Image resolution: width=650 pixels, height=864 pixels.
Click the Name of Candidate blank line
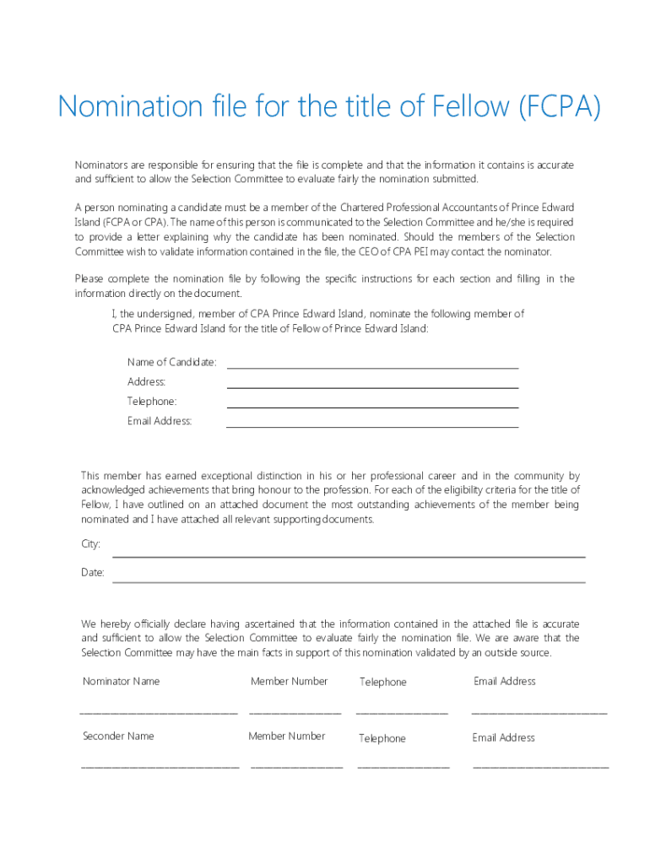point(372,367)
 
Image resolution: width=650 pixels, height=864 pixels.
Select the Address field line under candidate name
point(372,386)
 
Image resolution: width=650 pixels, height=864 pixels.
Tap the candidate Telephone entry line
point(372,406)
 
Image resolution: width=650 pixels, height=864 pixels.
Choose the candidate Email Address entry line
point(372,425)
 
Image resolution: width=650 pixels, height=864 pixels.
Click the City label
point(90,544)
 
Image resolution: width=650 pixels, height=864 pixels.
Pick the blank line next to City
point(349,555)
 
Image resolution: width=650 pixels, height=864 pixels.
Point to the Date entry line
point(349,580)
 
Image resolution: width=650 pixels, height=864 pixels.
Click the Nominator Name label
point(121,681)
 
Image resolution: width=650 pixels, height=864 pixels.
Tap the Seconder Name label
point(118,736)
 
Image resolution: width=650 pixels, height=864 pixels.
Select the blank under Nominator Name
point(159,713)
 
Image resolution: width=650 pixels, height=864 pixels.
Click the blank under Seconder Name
point(160,768)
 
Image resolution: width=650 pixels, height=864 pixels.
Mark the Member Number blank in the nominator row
point(295,713)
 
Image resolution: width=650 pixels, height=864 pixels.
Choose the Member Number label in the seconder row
point(286,736)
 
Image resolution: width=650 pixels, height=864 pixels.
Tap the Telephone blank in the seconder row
point(404,768)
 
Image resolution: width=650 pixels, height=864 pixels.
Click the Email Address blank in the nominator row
point(539,713)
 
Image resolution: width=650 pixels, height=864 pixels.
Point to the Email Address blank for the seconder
point(540,768)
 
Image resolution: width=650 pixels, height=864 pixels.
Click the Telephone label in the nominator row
point(382,682)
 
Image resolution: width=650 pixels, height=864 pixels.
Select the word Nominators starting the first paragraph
point(103,165)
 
